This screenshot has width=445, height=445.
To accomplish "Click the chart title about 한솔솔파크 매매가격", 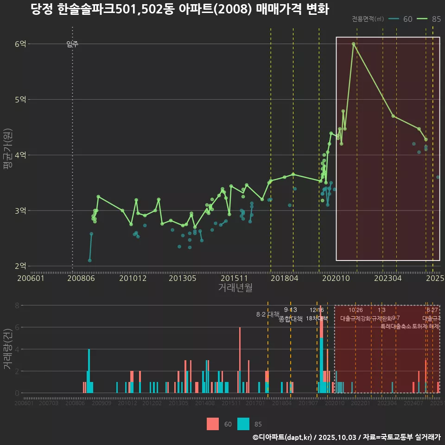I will [x=179, y=10].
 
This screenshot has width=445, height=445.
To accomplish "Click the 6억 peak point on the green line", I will [x=353, y=44].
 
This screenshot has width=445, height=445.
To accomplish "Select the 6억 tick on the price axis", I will [x=20, y=44].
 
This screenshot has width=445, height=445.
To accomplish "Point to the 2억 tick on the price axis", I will [x=20, y=266].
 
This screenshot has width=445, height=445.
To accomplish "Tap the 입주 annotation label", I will [x=72, y=44].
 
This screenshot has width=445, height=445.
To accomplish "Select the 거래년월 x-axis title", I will [x=235, y=287].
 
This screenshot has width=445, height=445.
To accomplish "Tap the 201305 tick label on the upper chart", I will [x=182, y=278].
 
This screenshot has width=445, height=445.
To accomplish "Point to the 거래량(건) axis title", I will [x=7, y=349].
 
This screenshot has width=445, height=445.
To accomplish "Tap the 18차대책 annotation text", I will [x=317, y=318].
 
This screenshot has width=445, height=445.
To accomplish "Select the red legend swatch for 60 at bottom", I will [x=213, y=424].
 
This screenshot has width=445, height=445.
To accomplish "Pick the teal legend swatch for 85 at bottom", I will [x=243, y=424].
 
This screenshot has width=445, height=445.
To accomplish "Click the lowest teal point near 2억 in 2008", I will [x=89, y=261].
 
